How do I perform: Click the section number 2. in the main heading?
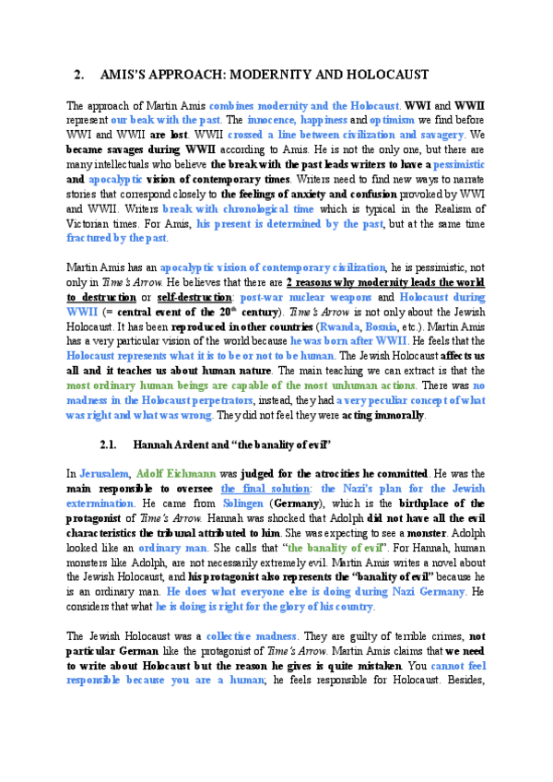click(78, 74)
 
